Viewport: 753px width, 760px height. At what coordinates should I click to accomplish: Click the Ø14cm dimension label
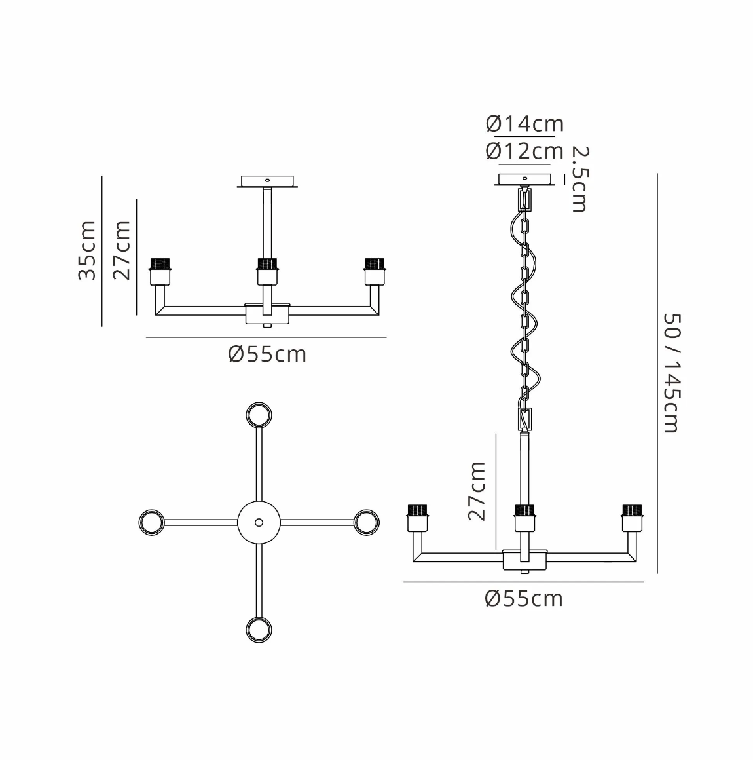(x=524, y=124)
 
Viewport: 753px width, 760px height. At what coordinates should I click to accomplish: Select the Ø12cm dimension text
(x=524, y=151)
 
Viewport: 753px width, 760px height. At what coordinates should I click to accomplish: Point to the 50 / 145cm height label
(x=671, y=372)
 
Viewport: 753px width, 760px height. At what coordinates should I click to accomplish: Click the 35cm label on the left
(x=87, y=251)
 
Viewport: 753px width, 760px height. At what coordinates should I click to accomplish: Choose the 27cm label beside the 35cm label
(x=122, y=250)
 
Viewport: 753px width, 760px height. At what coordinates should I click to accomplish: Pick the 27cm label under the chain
(x=477, y=491)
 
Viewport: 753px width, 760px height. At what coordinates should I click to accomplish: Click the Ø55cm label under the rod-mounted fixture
(x=267, y=354)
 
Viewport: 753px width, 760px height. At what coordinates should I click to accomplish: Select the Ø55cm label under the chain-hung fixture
(x=524, y=599)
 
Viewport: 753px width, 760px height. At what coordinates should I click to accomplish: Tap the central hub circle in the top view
(x=259, y=522)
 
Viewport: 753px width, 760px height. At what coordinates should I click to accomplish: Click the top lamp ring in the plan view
(x=259, y=415)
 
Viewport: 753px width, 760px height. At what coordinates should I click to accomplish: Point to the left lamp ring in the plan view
(x=151, y=522)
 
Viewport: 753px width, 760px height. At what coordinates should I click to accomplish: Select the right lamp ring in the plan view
(x=366, y=522)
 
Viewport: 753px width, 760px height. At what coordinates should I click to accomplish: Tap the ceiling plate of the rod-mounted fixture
(x=266, y=181)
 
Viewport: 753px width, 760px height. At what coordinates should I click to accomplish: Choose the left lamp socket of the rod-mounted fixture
(x=160, y=271)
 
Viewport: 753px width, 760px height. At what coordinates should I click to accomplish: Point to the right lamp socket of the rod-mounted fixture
(x=374, y=271)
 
